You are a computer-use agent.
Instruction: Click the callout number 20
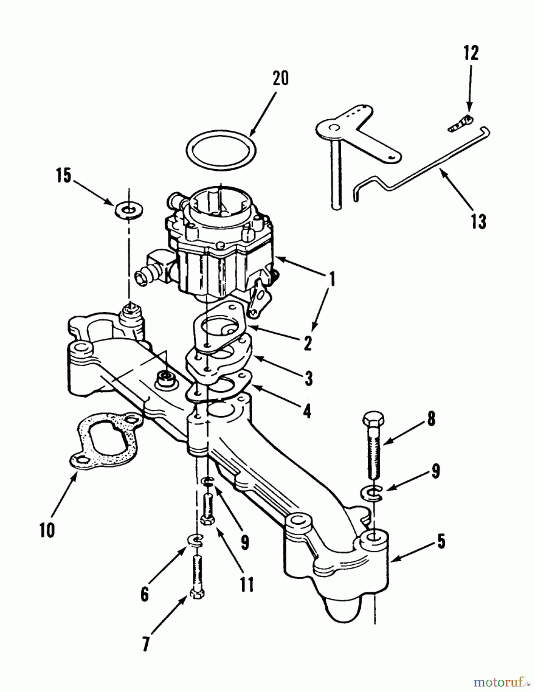coord(280,79)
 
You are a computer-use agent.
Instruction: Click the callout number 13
coord(478,222)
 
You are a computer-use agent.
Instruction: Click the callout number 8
coord(431,419)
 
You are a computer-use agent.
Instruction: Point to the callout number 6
coord(144,595)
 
